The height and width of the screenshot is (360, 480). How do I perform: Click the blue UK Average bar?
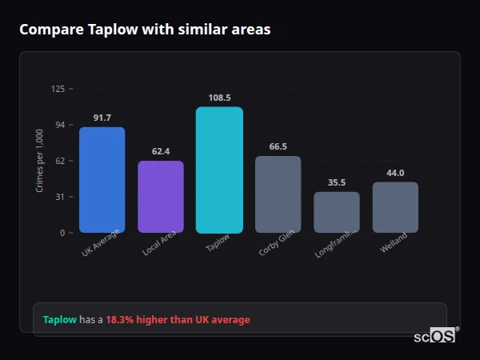click(102, 180)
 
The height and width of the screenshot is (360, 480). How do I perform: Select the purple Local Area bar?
click(161, 197)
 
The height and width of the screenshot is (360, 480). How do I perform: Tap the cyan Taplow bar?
click(219, 170)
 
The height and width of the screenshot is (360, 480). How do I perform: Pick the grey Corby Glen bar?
click(278, 194)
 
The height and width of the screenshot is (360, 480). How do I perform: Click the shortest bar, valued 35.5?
click(337, 212)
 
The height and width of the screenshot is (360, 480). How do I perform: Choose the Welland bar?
click(395, 207)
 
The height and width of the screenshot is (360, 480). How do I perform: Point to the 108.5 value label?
click(219, 98)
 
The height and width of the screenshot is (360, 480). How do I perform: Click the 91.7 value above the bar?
click(102, 118)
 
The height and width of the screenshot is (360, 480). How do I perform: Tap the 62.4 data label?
click(161, 151)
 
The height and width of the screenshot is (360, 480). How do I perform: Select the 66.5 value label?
click(278, 146)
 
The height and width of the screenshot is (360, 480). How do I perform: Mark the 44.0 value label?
click(395, 173)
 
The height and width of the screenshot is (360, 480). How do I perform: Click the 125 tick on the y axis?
click(58, 89)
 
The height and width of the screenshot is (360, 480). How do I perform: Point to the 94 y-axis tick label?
click(59, 125)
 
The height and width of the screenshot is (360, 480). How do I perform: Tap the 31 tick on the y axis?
click(59, 197)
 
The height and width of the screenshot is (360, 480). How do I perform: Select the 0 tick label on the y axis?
click(62, 233)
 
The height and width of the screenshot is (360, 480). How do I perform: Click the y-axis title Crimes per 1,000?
click(40, 160)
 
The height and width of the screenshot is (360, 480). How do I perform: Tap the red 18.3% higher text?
click(178, 320)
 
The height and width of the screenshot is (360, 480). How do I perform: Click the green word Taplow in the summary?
click(60, 320)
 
